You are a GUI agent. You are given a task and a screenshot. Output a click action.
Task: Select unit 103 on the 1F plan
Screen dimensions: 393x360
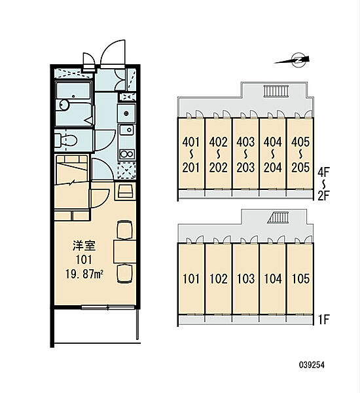click(245, 279)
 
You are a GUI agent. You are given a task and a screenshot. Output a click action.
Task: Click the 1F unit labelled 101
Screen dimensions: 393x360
click(190, 279)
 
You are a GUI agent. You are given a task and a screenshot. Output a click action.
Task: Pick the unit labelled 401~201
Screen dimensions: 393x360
click(190, 154)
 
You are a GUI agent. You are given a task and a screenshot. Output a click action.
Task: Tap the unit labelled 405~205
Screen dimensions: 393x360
click(299, 154)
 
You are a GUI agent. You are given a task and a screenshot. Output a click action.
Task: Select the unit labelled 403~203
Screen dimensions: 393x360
click(245, 154)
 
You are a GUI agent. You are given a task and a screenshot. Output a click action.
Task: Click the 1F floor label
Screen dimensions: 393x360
click(323, 322)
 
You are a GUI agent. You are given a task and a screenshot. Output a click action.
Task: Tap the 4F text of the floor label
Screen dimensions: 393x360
click(323, 172)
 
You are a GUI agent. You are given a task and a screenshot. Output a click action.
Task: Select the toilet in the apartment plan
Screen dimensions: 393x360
click(67, 139)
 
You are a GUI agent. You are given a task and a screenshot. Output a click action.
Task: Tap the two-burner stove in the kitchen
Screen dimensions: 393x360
click(126, 155)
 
